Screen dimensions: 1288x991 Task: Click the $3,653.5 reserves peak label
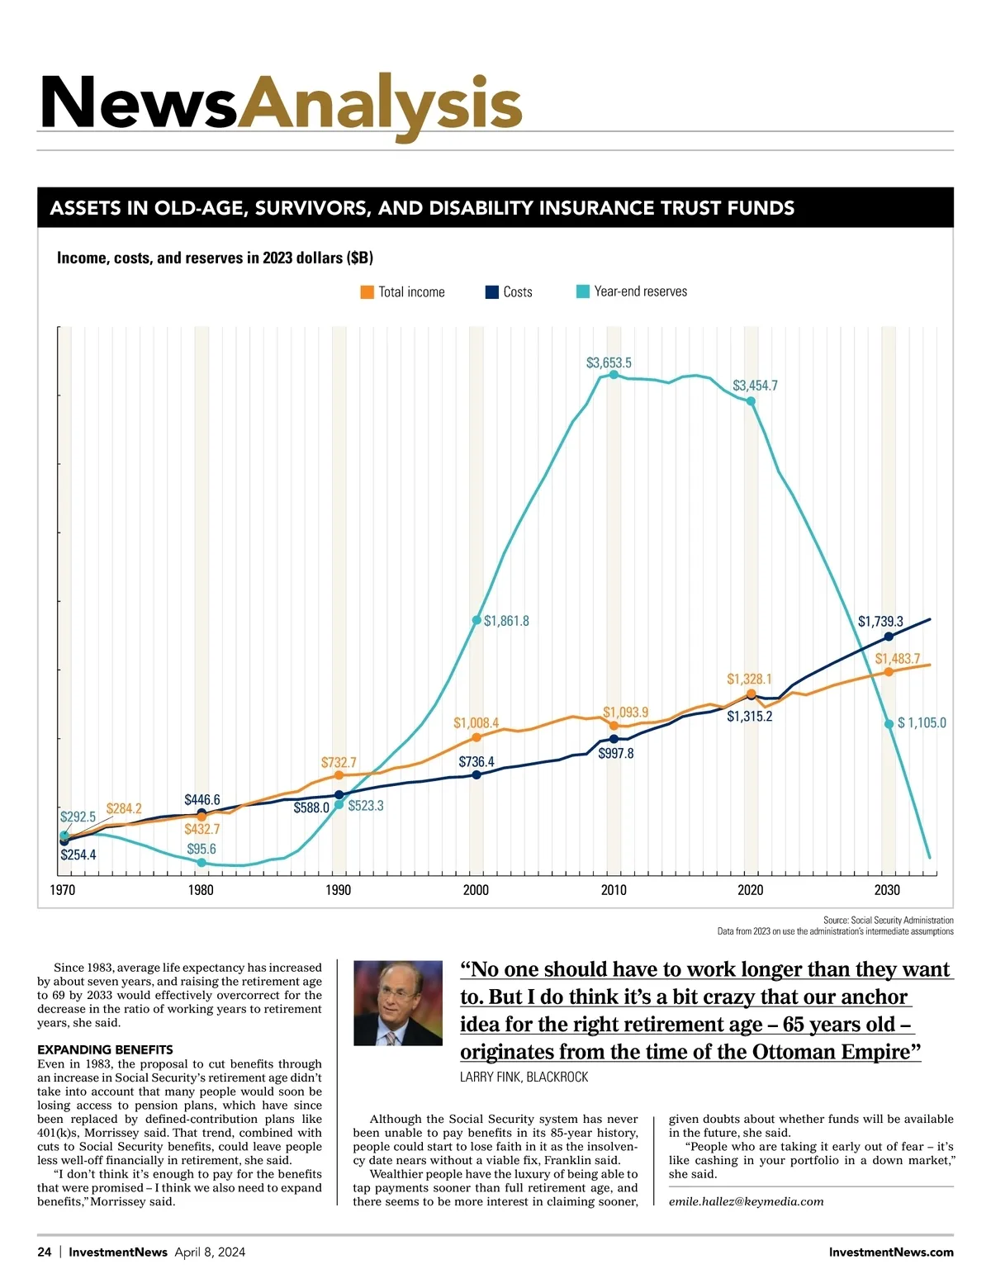tap(609, 362)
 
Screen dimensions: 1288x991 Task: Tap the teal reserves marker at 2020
tap(751, 401)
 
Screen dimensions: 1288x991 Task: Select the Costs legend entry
tap(509, 291)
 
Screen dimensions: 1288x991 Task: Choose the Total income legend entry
tap(403, 291)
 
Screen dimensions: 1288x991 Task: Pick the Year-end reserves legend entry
tap(632, 291)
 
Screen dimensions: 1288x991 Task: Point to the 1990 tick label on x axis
tap(338, 890)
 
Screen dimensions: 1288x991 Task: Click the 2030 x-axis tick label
tap(887, 890)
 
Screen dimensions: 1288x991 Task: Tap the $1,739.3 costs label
tap(880, 621)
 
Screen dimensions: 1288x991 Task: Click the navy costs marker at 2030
tap(889, 637)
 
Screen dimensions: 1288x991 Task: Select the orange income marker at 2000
tap(477, 736)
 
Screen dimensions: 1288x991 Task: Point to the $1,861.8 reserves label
tap(506, 621)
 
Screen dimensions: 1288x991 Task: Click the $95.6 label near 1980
tap(202, 849)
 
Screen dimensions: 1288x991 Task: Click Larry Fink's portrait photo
tap(398, 1003)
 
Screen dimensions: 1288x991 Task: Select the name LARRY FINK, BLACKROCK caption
tap(524, 1077)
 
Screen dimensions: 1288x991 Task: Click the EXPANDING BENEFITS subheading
tap(105, 1049)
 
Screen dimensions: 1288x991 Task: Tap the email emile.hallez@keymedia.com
tap(746, 1201)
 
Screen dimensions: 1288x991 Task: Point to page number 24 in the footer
tap(45, 1252)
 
